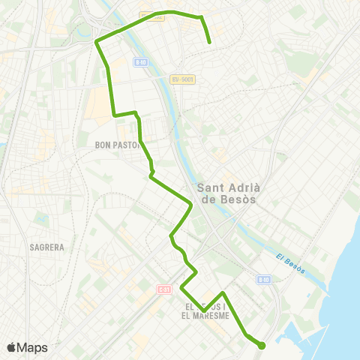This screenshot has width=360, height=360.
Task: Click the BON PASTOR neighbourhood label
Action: (118, 145)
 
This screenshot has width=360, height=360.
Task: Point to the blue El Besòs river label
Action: (289, 264)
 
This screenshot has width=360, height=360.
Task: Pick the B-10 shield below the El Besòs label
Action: (262, 280)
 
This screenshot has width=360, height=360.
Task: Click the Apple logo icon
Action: (12, 347)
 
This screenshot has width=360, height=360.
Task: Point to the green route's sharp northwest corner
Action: (97, 42)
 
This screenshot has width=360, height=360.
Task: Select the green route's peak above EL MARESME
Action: (223, 292)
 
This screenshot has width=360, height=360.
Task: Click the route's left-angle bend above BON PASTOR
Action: (114, 115)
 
